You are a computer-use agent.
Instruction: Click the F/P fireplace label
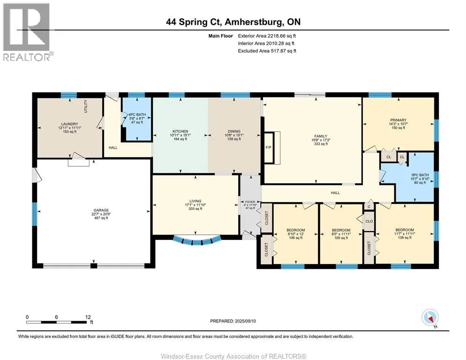tap(268, 148)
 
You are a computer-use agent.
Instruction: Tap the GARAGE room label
tap(101, 210)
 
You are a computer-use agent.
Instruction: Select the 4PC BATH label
tap(137, 114)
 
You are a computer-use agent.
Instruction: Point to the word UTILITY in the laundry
tap(86, 106)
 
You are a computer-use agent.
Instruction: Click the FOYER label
tap(250, 202)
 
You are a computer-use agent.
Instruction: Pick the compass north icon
tap(430, 318)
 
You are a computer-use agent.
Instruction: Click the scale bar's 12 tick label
tap(88, 317)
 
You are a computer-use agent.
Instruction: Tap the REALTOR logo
tap(27, 32)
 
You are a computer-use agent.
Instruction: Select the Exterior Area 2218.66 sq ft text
tap(267, 36)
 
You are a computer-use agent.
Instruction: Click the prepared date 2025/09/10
tap(246, 321)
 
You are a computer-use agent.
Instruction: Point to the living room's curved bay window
tap(197, 240)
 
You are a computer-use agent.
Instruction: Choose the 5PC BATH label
tap(420, 175)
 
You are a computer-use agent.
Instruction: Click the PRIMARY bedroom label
tap(398, 120)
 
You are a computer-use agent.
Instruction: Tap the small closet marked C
tap(369, 207)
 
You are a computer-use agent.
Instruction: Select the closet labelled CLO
tap(369, 221)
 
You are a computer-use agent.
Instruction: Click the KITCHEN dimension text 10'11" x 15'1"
tap(180, 135)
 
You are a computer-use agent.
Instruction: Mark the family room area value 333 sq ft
tap(321, 144)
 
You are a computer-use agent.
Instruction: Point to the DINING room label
tap(234, 131)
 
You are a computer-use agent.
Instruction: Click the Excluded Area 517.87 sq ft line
tap(267, 51)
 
